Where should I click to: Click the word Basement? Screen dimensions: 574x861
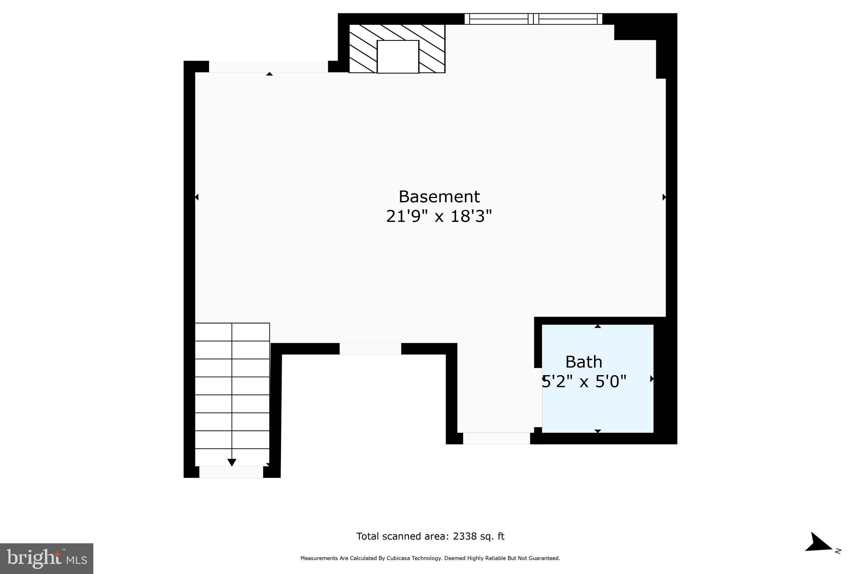pos(439,197)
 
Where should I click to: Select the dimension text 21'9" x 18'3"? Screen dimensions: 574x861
pos(439,217)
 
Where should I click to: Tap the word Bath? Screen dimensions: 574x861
pos(584,362)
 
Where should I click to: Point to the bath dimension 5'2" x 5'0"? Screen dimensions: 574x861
pos(584,382)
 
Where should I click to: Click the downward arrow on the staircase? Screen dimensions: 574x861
pos(232,462)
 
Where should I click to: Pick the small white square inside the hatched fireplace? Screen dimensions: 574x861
pos(398,57)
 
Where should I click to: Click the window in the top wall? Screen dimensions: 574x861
pos(533,19)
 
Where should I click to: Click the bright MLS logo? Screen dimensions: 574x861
pos(47,558)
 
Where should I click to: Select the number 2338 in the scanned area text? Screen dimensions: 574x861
pos(465,537)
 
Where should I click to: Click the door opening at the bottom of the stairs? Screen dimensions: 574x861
pos(231,472)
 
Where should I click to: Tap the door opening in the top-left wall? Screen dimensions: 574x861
pos(268,67)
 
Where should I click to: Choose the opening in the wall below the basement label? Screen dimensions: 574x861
pos(370,349)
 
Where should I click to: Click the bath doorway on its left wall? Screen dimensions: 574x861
pos(538,398)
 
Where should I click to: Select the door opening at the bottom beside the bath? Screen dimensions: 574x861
pos(497,439)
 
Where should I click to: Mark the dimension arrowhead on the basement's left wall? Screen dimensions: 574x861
pos(197,197)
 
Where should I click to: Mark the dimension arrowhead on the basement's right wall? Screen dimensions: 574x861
pos(664,197)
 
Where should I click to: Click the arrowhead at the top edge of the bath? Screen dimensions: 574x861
pos(597,326)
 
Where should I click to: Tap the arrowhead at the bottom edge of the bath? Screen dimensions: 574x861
pos(597,431)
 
